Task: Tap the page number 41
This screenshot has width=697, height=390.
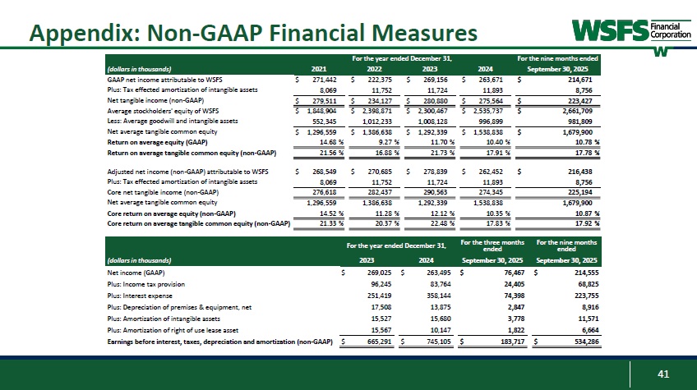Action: coord(664,375)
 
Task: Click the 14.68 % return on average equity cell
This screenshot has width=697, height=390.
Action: coord(321,142)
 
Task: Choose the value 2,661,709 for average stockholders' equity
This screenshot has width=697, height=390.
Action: coord(579,111)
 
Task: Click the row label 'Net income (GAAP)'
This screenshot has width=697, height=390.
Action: coord(136,272)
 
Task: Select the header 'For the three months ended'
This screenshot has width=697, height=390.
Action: coord(492,245)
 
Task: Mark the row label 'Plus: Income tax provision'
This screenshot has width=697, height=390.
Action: coord(145,283)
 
